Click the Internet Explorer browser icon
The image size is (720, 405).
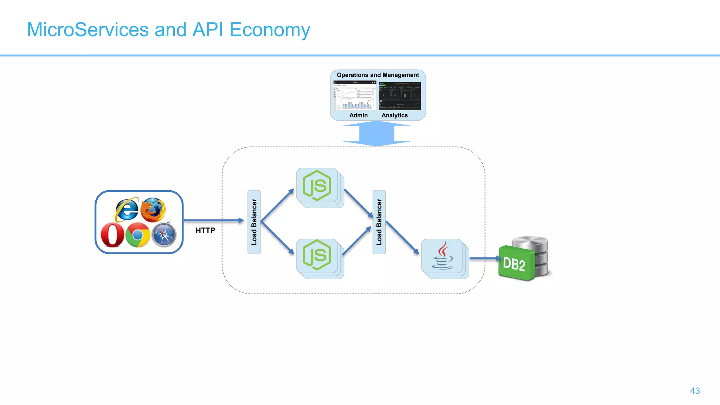[x=127, y=210]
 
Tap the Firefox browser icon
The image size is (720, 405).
[x=153, y=210]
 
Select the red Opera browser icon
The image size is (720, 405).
[x=112, y=235]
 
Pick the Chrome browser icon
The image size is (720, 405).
[x=137, y=235]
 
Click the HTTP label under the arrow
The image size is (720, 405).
[x=205, y=231]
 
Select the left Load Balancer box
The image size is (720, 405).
[x=254, y=222]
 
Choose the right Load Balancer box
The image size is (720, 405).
[x=379, y=222]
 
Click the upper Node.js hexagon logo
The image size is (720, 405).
[x=317, y=185]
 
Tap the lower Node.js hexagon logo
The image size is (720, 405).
[x=317, y=255]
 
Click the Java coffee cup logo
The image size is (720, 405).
[x=442, y=256]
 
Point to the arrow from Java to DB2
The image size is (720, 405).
[x=484, y=258]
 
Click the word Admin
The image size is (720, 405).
[x=358, y=115]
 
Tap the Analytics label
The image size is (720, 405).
[x=394, y=115]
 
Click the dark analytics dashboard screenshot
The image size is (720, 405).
[x=400, y=96]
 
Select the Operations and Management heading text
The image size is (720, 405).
[x=378, y=75]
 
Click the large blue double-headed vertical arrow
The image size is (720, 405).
[x=377, y=134]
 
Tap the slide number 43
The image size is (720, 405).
[x=695, y=391]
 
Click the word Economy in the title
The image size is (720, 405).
[x=270, y=30]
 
